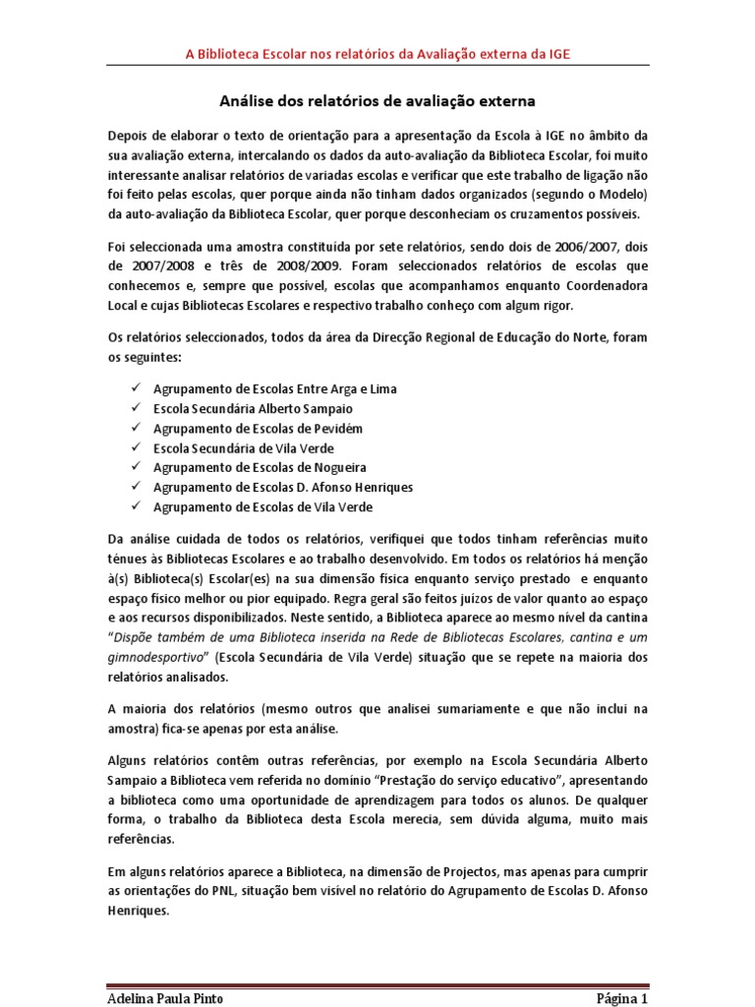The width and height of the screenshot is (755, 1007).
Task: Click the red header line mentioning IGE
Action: (x=377, y=55)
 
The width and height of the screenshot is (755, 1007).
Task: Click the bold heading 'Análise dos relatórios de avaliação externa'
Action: (x=377, y=101)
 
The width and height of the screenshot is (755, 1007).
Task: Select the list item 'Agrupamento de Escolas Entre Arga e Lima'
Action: (x=275, y=388)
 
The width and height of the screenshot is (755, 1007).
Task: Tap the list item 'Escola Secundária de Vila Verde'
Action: (x=245, y=447)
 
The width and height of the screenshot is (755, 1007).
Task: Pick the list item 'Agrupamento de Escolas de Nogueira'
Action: (x=260, y=467)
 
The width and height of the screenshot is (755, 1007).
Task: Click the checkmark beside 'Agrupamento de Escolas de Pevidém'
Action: (x=136, y=428)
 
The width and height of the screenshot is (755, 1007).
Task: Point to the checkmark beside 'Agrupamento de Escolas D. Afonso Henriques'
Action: (x=136, y=487)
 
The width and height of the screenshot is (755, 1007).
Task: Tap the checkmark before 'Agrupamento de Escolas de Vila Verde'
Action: (x=136, y=506)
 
